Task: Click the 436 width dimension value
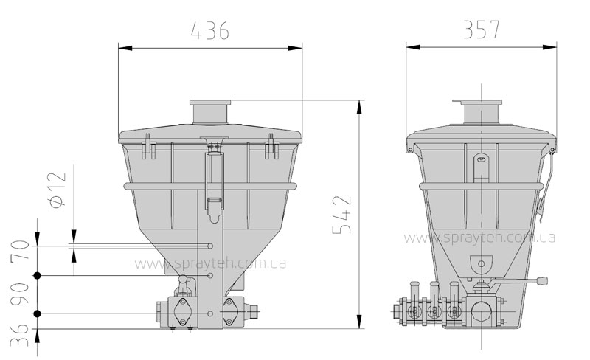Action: point(209,30)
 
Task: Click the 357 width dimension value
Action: point(482,30)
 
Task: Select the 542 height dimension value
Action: point(342,215)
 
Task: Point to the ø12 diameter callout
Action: point(58,189)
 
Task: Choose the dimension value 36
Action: point(19,336)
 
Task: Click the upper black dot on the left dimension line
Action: point(37,276)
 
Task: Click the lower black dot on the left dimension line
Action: point(37,314)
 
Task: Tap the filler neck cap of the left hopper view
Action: point(210,103)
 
